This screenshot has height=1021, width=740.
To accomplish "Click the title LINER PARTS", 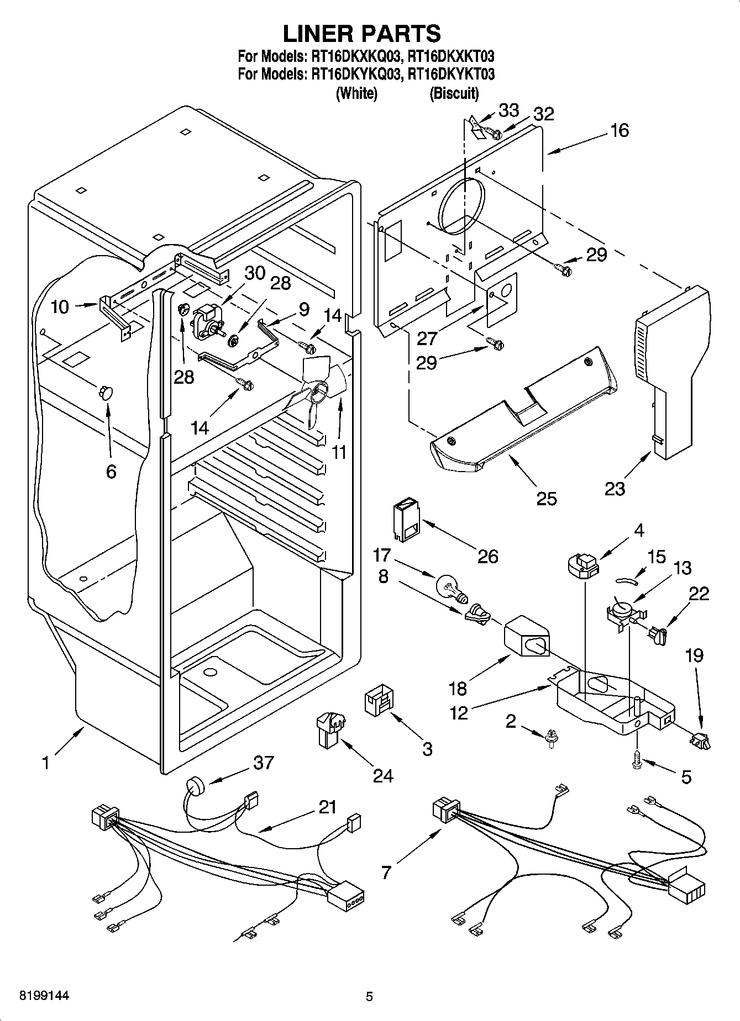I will (x=362, y=34).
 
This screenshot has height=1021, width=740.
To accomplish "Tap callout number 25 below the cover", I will (x=547, y=499).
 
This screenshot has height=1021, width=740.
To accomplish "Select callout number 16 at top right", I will (x=620, y=130).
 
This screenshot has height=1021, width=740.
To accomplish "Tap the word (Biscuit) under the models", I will (x=454, y=93).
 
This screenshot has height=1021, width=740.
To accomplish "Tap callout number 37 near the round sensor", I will (x=263, y=763).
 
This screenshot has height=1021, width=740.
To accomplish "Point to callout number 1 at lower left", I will (x=45, y=763).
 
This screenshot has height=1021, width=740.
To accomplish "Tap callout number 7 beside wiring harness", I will (x=386, y=872).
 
